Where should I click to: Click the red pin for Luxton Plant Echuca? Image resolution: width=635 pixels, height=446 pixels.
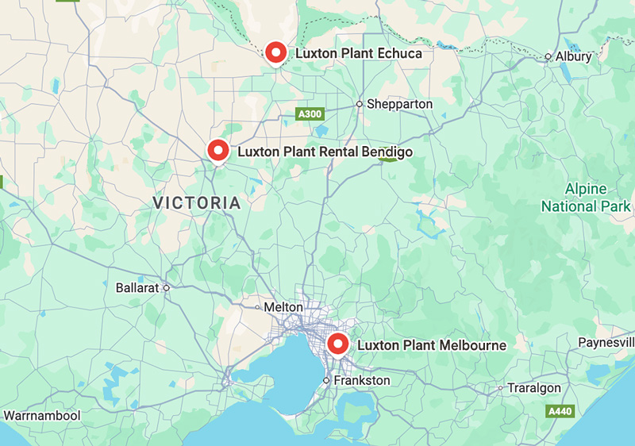276,53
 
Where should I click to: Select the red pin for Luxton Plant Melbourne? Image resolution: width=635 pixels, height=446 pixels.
338,344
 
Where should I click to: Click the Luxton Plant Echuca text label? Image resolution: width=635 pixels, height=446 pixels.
359,54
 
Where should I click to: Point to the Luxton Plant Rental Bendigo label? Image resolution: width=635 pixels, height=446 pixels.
325,151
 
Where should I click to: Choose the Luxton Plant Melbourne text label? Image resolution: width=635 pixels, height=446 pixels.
432,346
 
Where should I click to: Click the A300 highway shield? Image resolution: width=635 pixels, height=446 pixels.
310,115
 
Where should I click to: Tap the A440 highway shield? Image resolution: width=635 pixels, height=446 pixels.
560,412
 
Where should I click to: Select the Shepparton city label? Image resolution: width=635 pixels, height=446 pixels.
399,104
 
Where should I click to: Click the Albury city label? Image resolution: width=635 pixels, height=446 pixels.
573,57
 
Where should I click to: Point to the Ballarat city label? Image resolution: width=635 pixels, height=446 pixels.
137,287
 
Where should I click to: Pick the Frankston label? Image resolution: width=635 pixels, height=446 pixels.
362,381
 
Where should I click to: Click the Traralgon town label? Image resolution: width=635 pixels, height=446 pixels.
534,388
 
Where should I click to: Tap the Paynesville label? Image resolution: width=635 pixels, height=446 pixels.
607,342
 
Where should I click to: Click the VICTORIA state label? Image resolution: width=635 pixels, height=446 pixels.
196,203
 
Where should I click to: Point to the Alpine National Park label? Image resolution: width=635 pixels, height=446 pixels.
586,198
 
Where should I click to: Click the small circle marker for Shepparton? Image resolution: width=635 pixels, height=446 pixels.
359,104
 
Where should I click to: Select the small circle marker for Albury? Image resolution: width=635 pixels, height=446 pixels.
548,57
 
